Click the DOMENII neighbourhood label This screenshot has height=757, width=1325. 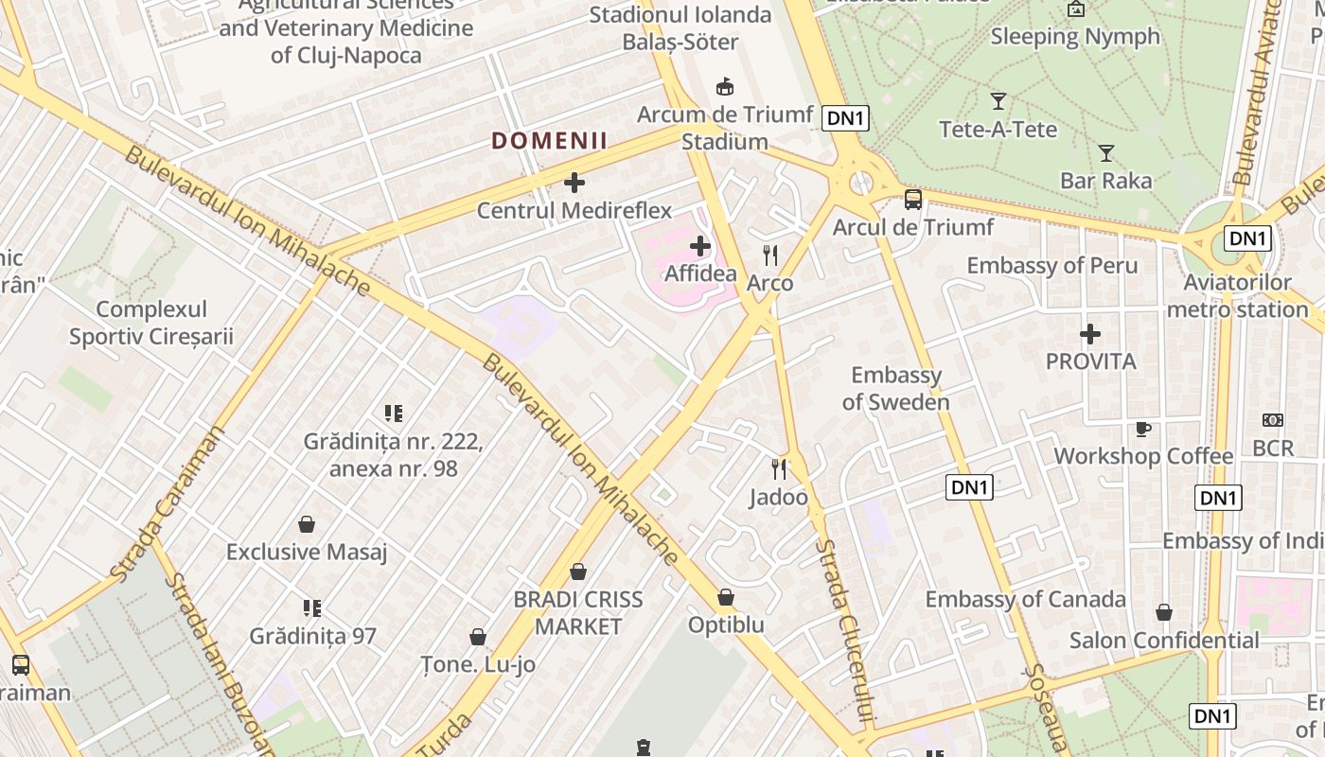coord(549,142)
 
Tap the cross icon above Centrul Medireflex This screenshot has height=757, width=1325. coord(574,182)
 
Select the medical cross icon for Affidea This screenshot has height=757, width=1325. coord(700,247)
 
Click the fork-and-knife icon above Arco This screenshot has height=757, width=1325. coord(770,255)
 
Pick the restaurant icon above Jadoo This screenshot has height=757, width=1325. coord(779,468)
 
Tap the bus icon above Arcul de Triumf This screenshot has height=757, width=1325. coord(912,199)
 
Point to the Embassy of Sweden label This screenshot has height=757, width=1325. coord(896,388)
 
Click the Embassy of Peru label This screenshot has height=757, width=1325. coord(1051,265)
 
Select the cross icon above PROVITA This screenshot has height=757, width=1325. coord(1090,334)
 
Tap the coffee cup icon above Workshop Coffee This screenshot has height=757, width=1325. coord(1143,429)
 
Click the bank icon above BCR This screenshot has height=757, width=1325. coord(1273,420)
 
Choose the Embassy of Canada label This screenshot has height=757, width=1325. coord(1025,599)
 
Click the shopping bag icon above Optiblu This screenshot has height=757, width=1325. coord(726,598)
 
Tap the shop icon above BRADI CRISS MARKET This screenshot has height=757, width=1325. coord(578,572)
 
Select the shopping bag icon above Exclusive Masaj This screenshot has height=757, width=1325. coord(307,524)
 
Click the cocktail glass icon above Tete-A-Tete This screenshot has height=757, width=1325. coord(998,101)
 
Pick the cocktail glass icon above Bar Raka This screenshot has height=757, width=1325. coord(1105,152)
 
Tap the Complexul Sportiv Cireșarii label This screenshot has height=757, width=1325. coord(151,323)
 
